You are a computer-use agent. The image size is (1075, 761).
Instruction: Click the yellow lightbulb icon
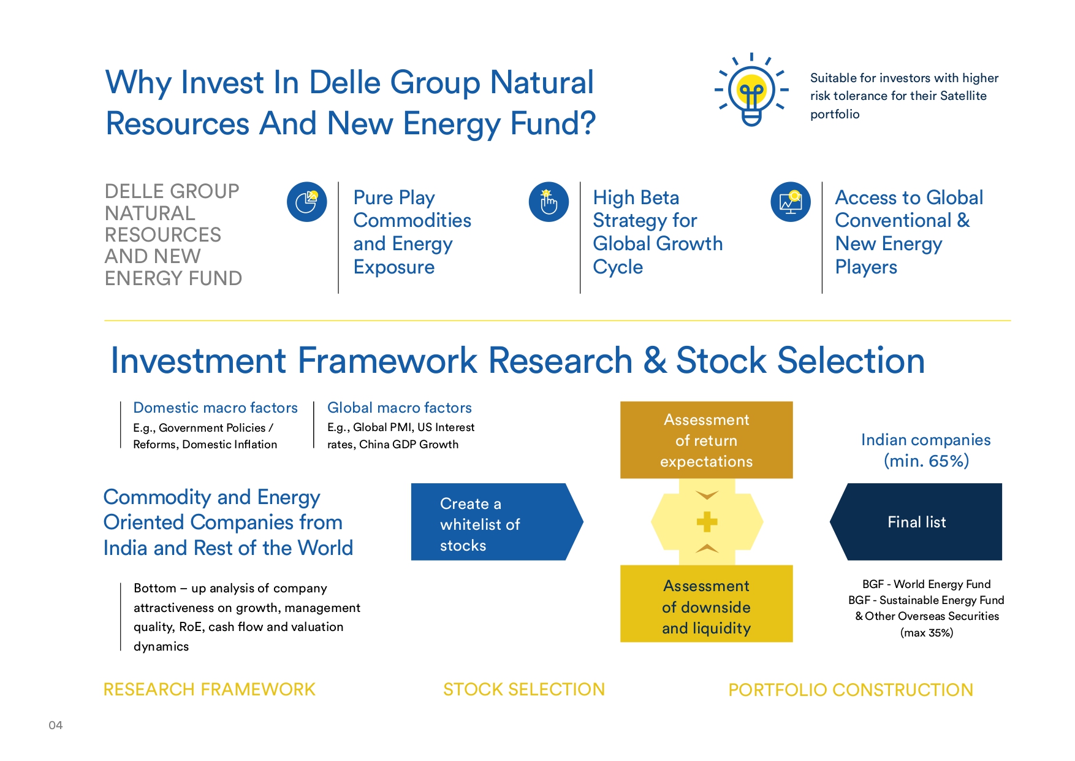pyautogui.click(x=751, y=90)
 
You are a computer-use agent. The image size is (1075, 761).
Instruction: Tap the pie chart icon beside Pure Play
pyautogui.click(x=306, y=202)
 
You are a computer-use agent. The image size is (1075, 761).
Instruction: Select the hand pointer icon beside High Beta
pyautogui.click(x=549, y=202)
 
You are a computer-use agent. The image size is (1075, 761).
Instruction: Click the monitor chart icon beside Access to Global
pyautogui.click(x=791, y=202)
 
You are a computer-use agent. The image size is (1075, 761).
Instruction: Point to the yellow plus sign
pyautogui.click(x=707, y=522)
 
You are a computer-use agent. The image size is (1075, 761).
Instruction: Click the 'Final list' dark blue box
pyautogui.click(x=916, y=522)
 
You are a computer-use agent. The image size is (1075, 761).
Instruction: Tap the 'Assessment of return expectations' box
pyautogui.click(x=707, y=440)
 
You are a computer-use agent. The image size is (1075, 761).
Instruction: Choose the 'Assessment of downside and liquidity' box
pyautogui.click(x=707, y=604)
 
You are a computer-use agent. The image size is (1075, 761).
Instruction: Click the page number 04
pyautogui.click(x=56, y=725)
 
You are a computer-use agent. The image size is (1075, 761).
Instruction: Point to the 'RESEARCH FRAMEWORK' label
pyautogui.click(x=210, y=690)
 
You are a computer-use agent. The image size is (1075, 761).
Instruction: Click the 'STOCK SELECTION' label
pyautogui.click(x=524, y=690)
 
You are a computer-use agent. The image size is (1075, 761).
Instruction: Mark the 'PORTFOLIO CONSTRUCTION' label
pyautogui.click(x=851, y=690)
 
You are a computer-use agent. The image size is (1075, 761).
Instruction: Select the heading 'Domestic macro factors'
pyautogui.click(x=215, y=408)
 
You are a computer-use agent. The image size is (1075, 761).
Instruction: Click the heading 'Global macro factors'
pyautogui.click(x=400, y=408)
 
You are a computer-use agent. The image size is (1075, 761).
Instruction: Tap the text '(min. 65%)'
pyautogui.click(x=926, y=461)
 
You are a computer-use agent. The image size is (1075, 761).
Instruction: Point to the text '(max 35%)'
pyautogui.click(x=927, y=633)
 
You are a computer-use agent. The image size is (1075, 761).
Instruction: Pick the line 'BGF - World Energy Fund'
pyautogui.click(x=927, y=584)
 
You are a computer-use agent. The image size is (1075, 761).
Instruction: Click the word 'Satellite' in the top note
pyautogui.click(x=963, y=96)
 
